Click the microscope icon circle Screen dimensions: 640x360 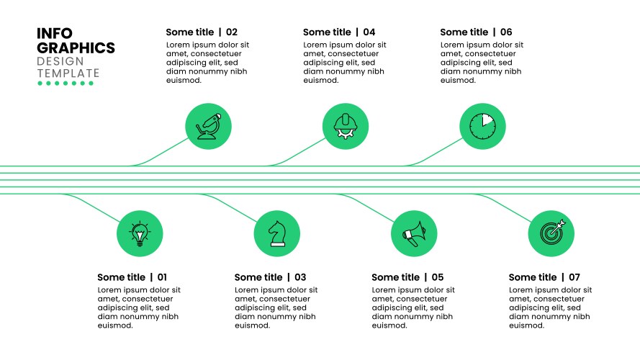208,126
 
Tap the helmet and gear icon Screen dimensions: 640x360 346,126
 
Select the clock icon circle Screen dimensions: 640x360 482,126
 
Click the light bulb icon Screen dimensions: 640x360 140,234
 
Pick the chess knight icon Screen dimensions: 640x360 277,233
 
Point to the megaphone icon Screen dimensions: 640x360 414,234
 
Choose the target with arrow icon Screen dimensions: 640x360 553,233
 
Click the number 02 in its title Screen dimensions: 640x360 232,32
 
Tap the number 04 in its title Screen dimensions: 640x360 369,32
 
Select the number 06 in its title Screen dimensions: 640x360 506,32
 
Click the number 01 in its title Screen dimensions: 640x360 162,277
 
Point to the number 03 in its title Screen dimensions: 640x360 300,277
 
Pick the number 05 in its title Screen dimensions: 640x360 438,277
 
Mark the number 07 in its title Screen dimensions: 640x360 574,277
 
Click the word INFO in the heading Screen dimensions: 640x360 55,33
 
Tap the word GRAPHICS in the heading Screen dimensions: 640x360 76,48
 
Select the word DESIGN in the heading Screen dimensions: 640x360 60,62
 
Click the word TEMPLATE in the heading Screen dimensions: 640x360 68,73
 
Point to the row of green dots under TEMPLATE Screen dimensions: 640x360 66,84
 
